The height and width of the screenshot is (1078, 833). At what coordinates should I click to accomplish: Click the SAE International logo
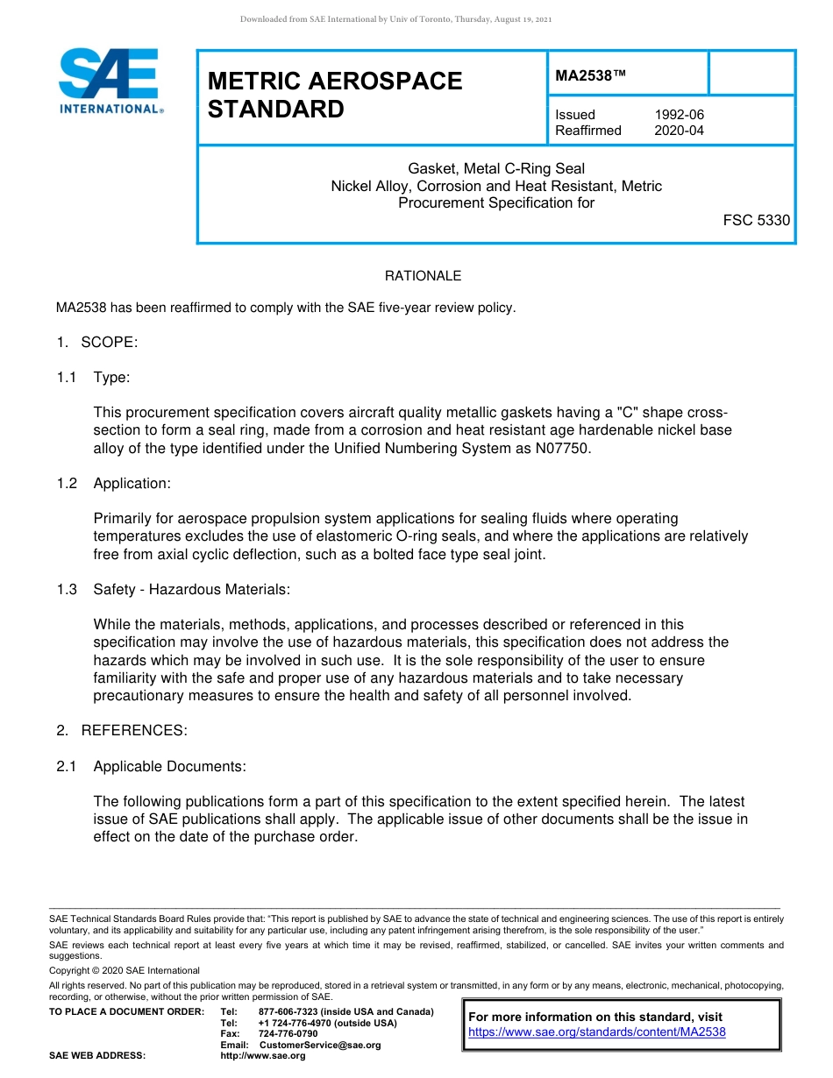click(x=110, y=81)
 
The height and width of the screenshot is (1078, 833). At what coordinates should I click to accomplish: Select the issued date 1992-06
click(x=679, y=115)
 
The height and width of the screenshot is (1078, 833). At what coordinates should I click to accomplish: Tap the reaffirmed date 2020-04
click(x=679, y=131)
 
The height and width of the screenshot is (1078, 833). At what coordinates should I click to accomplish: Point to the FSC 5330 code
click(x=756, y=221)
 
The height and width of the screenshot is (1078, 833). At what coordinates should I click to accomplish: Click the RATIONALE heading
click(x=423, y=276)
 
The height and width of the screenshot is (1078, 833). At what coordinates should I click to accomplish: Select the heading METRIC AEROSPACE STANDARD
click(x=334, y=96)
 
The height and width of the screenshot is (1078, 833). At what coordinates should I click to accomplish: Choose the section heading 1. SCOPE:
click(x=97, y=342)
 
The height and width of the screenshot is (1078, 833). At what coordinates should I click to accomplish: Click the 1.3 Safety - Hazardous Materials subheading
click(x=173, y=590)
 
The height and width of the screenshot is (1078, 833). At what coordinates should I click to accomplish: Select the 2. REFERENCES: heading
click(x=122, y=731)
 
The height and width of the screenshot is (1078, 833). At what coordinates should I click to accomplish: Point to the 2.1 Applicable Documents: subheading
click(x=152, y=767)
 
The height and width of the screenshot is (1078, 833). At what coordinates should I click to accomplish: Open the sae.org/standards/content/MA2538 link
click(x=597, y=1032)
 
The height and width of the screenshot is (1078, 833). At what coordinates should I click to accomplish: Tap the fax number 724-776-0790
click(x=288, y=1034)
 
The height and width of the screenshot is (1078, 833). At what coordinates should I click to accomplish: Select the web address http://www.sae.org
click(x=263, y=1055)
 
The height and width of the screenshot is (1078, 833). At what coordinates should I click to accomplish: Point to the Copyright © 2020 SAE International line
click(x=125, y=970)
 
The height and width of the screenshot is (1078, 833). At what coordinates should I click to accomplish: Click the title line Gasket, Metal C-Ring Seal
click(x=496, y=168)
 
